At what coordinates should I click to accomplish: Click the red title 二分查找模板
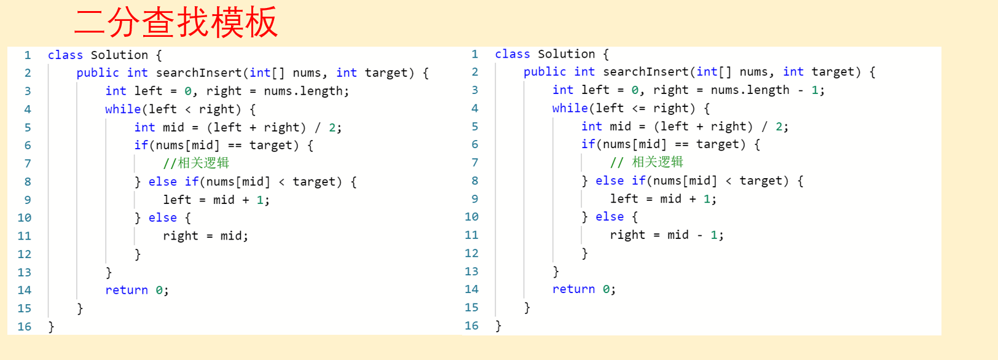(176, 22)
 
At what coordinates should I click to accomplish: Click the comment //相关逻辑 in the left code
(196, 163)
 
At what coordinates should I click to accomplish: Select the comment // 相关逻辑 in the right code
(646, 162)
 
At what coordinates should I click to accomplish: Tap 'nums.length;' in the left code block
(306, 91)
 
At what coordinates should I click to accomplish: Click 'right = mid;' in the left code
(205, 236)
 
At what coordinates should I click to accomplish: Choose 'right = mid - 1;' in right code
(667, 235)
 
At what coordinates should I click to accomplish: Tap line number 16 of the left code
(25, 326)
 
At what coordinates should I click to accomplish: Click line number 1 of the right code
(474, 54)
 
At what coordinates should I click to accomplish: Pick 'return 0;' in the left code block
(136, 290)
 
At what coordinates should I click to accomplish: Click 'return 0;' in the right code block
(584, 289)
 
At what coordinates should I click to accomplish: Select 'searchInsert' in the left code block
(198, 72)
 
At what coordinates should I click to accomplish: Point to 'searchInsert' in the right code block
(645, 72)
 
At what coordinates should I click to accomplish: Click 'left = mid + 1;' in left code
(216, 200)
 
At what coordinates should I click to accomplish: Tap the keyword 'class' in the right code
(513, 54)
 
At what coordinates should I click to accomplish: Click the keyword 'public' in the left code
(98, 72)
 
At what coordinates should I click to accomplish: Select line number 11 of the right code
(471, 235)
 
